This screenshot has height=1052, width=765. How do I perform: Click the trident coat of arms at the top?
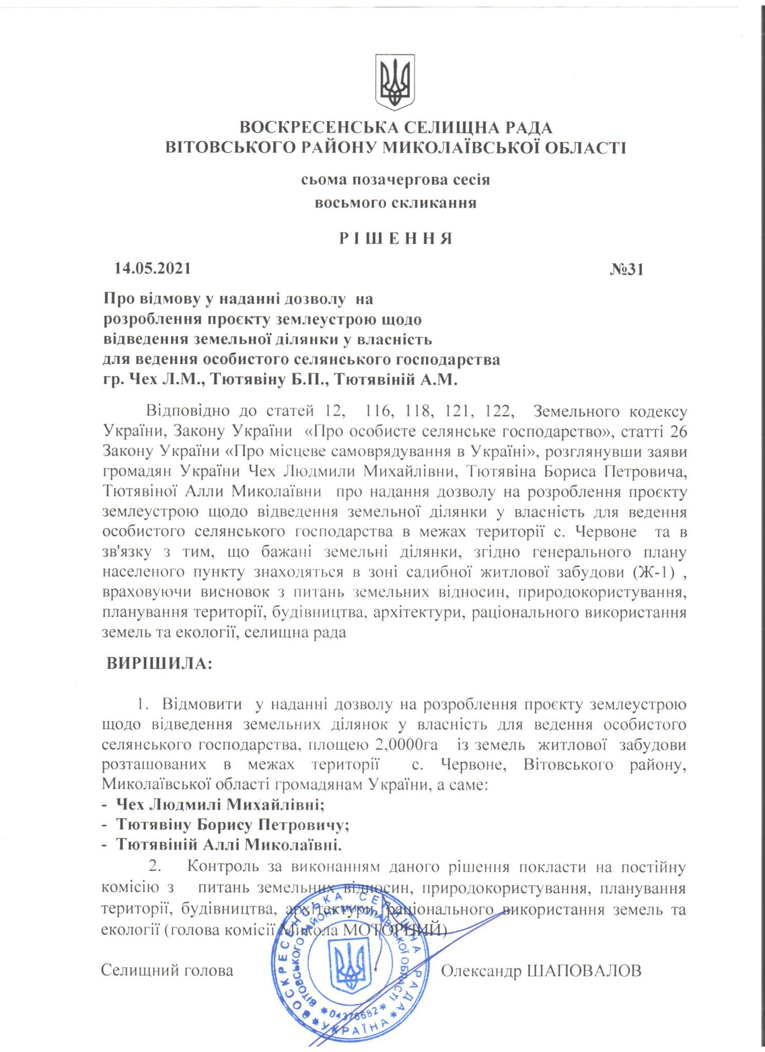[x=395, y=82]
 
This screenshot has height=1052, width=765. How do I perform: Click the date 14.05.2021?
[x=153, y=268]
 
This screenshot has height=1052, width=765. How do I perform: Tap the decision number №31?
[x=626, y=270]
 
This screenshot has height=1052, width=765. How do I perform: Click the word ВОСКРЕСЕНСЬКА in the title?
[x=319, y=127]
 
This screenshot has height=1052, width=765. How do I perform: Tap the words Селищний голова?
[x=167, y=970]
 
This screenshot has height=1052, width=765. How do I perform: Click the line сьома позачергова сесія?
[x=396, y=180]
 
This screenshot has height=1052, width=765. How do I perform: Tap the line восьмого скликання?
[x=396, y=203]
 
